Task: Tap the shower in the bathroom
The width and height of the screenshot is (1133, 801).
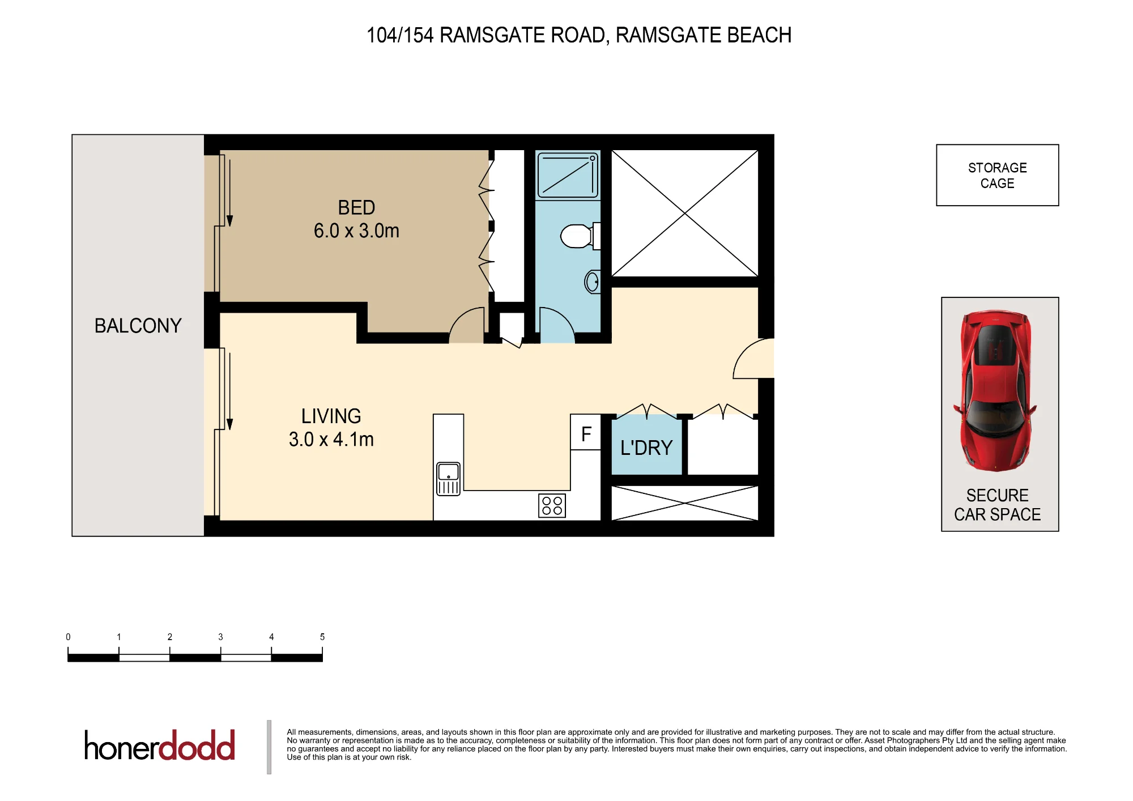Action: pyautogui.click(x=568, y=175)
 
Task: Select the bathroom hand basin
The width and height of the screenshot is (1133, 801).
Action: pyautogui.click(x=593, y=282)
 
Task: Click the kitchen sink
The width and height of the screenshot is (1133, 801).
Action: pyautogui.click(x=448, y=479)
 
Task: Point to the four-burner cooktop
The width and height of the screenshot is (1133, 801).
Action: pyautogui.click(x=552, y=506)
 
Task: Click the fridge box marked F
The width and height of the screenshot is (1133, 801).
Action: pyautogui.click(x=586, y=432)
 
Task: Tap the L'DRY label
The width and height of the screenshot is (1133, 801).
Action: pyautogui.click(x=646, y=448)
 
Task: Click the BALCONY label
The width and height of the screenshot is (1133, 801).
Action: pyautogui.click(x=138, y=326)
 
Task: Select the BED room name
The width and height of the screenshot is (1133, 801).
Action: pyautogui.click(x=356, y=207)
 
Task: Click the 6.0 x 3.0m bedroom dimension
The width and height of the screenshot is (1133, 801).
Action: pyautogui.click(x=356, y=231)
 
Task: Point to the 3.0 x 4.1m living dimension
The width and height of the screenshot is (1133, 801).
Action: pyautogui.click(x=331, y=439)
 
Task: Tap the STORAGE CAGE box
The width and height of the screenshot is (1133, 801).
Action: pyautogui.click(x=998, y=175)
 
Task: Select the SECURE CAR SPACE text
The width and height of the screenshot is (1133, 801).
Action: pyautogui.click(x=998, y=505)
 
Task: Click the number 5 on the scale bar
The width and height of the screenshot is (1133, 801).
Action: pyautogui.click(x=322, y=637)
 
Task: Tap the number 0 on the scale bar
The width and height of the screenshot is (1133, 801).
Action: pyautogui.click(x=68, y=637)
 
